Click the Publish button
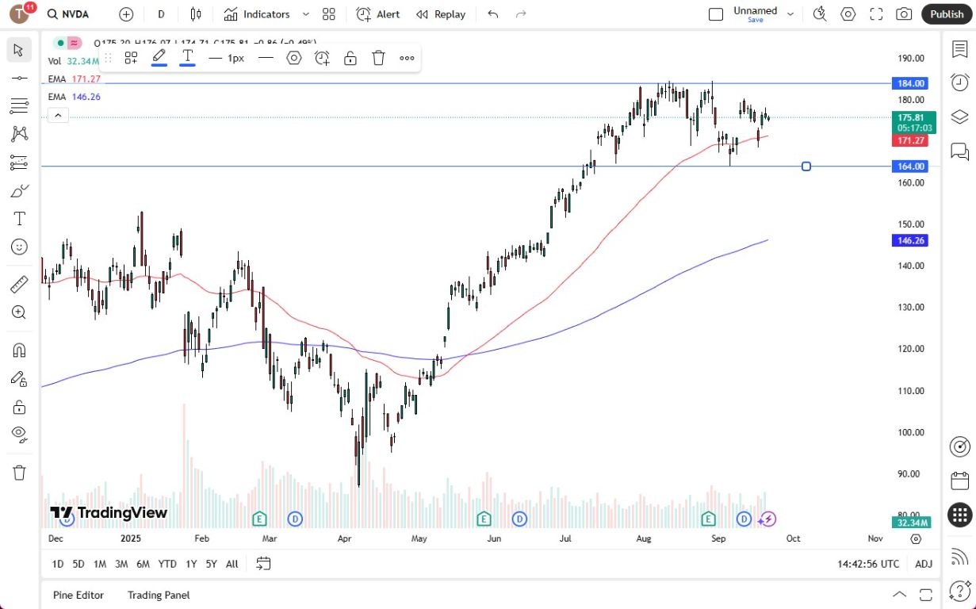[x=947, y=14]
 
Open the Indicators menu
[x=257, y=14]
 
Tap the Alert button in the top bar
[x=378, y=14]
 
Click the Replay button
[x=441, y=14]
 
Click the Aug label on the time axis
[x=643, y=538]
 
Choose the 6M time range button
[x=143, y=564]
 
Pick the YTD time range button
[x=167, y=564]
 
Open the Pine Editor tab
[x=78, y=595]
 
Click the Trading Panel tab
[x=159, y=595]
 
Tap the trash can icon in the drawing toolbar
[x=378, y=58]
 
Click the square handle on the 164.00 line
[x=806, y=167]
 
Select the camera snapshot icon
[x=903, y=14]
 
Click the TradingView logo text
[x=109, y=513]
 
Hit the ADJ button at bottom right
[x=924, y=564]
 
